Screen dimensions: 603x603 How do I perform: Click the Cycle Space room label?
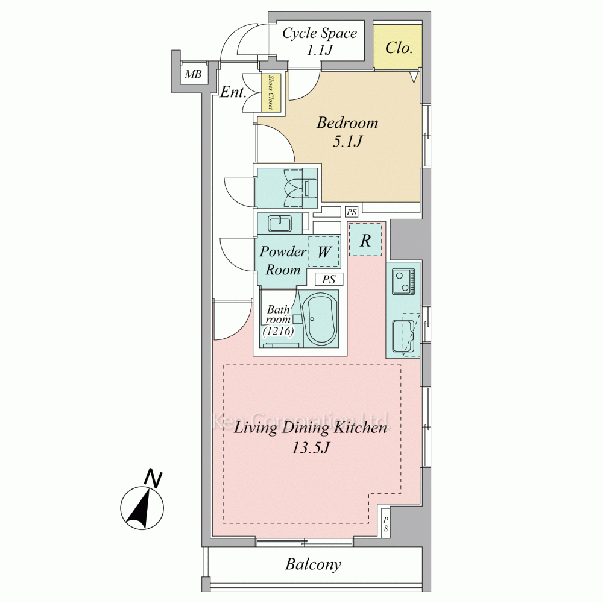point(320,33)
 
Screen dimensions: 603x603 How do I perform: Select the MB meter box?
point(194,74)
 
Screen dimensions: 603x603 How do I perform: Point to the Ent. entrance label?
point(233,92)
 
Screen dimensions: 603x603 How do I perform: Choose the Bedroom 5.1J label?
point(347,132)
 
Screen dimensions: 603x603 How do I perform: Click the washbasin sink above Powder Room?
point(280,224)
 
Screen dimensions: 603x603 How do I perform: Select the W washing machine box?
point(324,251)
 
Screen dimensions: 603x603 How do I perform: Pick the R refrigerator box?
point(365,240)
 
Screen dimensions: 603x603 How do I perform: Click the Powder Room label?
point(283,260)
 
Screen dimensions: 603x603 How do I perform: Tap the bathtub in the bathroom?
point(320,319)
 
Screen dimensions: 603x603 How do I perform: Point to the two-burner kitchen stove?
point(404,281)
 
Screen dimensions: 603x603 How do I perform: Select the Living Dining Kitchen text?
point(310,428)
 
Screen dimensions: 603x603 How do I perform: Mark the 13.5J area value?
point(311,447)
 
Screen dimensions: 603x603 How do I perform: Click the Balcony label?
point(313,564)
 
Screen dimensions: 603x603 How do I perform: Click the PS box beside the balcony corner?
point(385,523)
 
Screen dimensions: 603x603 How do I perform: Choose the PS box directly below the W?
point(329,279)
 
